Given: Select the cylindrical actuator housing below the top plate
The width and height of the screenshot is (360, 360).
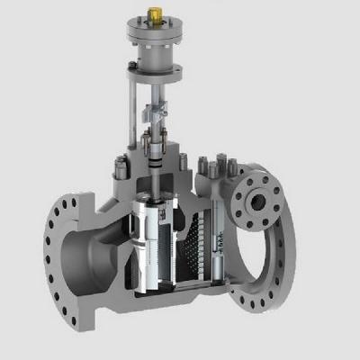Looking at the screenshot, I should pyautogui.click(x=160, y=52).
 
